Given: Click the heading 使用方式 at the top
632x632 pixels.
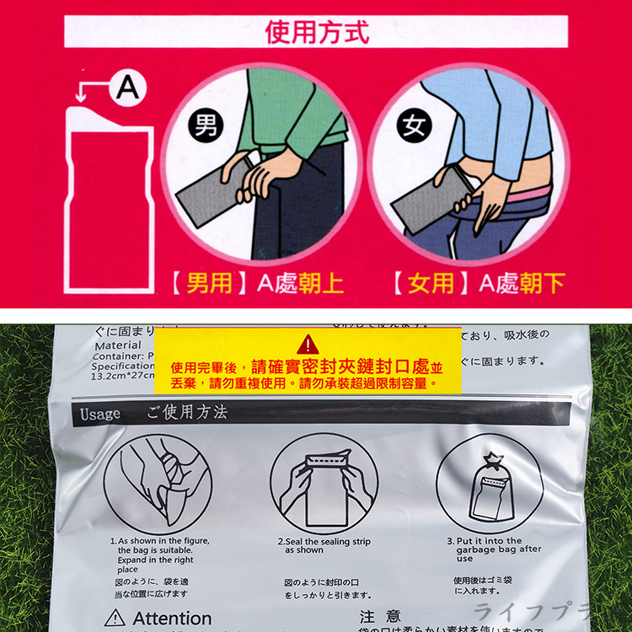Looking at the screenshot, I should coord(317,32).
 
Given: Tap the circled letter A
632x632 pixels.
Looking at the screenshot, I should coord(126,88).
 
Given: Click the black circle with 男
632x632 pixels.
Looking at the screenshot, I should coord(205,126).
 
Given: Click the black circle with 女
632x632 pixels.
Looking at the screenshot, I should coord(414,126).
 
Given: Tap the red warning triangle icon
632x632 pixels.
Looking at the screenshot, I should coord(308,344).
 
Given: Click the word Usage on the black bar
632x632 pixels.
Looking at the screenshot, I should coord(101,415).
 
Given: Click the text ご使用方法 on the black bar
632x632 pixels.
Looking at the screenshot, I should coord(187,414).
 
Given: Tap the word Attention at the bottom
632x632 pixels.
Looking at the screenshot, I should coord(172,619).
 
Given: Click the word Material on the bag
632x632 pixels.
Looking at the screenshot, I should coord(118,345).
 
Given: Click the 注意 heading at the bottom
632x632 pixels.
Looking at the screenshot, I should coord(380,617).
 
